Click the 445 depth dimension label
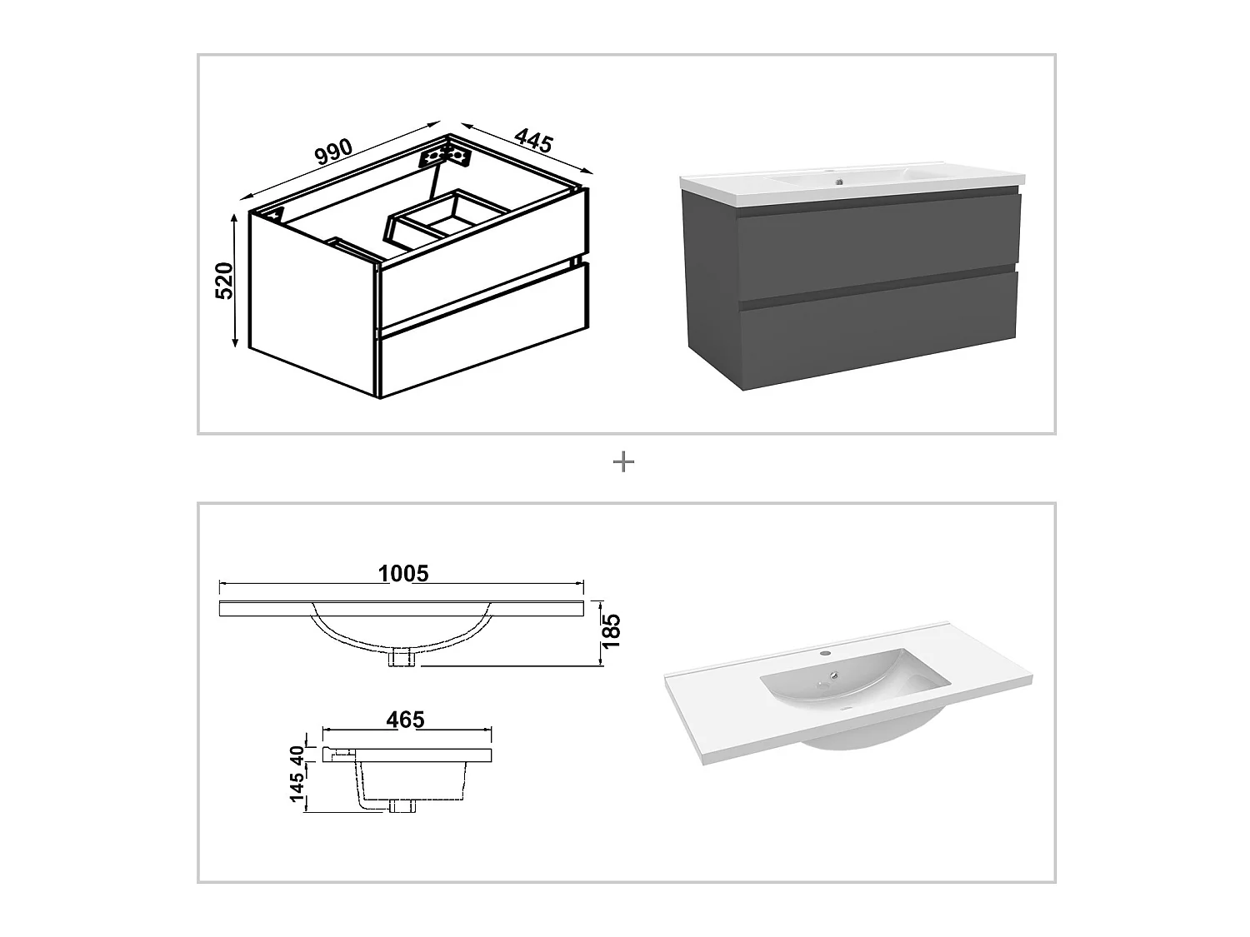[534, 140]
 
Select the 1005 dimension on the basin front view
[402, 573]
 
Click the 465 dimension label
[406, 719]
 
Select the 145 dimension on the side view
[295, 790]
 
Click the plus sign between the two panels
[623, 462]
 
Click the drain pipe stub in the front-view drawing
[403, 658]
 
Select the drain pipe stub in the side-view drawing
[403, 805]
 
